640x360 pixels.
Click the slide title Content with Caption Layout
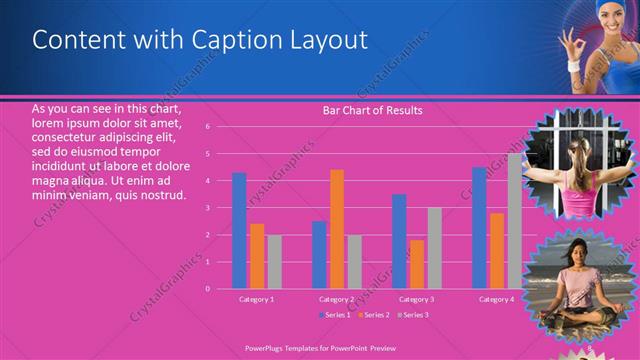tap(200, 40)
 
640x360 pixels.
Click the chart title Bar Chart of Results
tap(372, 110)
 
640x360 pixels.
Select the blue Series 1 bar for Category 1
tap(239, 230)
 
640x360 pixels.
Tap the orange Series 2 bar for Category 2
tap(337, 229)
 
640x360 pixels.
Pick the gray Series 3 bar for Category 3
tap(434, 248)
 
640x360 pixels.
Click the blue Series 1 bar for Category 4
tap(479, 228)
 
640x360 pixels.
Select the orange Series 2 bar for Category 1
tap(257, 256)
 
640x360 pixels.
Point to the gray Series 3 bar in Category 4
tap(514, 221)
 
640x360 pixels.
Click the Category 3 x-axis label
tap(417, 299)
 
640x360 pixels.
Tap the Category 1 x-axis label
tap(257, 299)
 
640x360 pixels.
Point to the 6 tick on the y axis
tap(207, 127)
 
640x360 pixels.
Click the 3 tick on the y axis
tap(207, 208)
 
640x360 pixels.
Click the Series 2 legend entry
tap(374, 315)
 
